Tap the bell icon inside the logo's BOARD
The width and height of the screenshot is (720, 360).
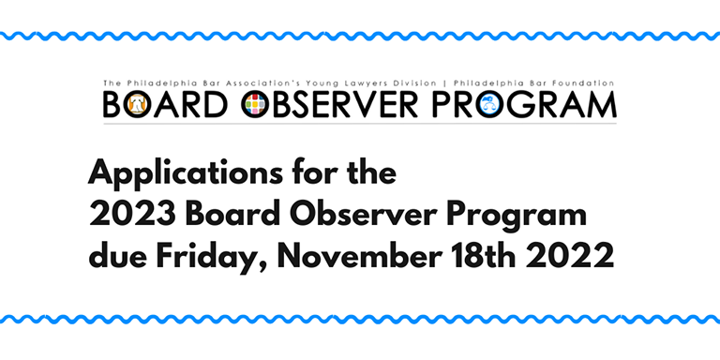[139, 104]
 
